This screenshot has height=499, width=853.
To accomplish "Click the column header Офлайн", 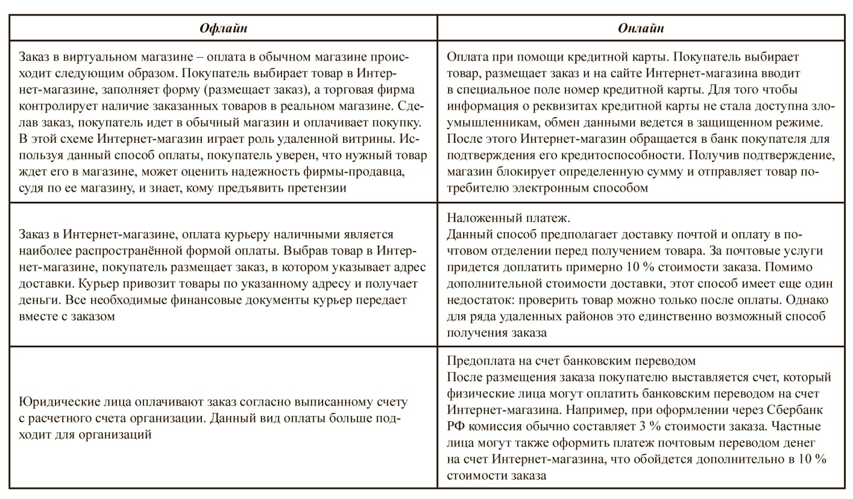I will pos(223,28).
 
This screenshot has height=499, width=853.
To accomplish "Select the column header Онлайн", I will pos(641,28).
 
